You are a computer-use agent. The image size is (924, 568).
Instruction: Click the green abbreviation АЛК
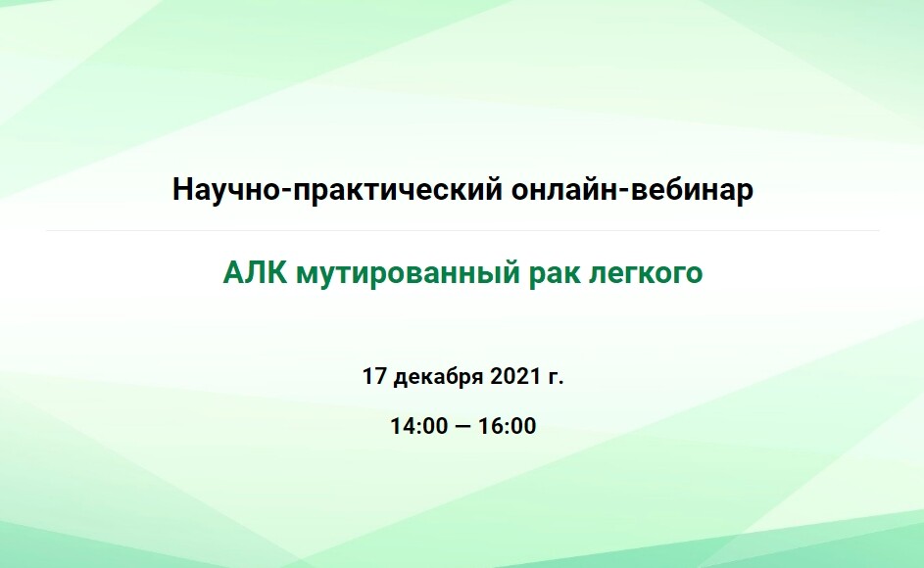[x=255, y=273]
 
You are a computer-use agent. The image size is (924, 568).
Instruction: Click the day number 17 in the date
[x=374, y=376]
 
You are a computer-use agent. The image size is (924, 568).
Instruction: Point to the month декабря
[x=438, y=377]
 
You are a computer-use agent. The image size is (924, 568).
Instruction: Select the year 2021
[x=515, y=376]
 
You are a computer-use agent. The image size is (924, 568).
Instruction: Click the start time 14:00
[x=419, y=425]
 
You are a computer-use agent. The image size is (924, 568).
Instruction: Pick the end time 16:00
[x=507, y=425]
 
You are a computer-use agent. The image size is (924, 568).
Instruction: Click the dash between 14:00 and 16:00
[x=463, y=426]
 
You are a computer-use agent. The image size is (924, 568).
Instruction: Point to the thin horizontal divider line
[x=462, y=230]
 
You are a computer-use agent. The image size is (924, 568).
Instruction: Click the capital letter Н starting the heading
[x=182, y=190]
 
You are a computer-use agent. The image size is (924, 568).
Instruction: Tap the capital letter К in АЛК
[x=277, y=273]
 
